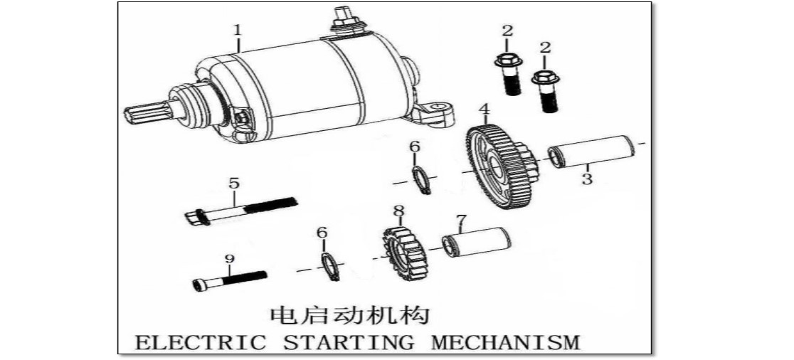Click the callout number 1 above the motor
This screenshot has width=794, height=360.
238,30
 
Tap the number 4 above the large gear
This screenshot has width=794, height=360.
485,108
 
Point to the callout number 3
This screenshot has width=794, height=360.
587,179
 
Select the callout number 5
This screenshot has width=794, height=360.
233,184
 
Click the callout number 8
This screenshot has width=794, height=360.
400,210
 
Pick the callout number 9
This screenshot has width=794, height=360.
229,259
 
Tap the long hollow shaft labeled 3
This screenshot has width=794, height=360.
592,152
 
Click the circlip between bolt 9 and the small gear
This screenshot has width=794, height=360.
330,267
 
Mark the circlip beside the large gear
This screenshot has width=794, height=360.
422,179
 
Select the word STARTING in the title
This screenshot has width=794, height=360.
348,343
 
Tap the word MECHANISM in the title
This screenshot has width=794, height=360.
506,343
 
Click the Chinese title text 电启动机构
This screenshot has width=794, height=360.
349,315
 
